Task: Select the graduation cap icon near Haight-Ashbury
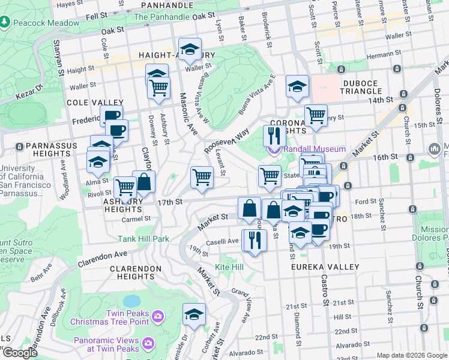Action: tap(190, 50)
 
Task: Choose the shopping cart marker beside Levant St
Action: tap(202, 176)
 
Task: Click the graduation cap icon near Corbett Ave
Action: tap(194, 313)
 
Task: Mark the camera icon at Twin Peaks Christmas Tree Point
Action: tap(157, 316)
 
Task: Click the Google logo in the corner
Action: tap(19, 353)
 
